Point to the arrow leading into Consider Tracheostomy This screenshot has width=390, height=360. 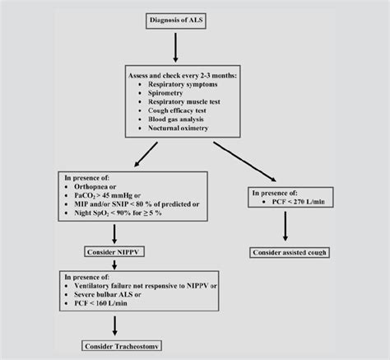tap(116, 323)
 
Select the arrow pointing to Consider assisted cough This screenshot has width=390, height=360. tap(285, 224)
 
